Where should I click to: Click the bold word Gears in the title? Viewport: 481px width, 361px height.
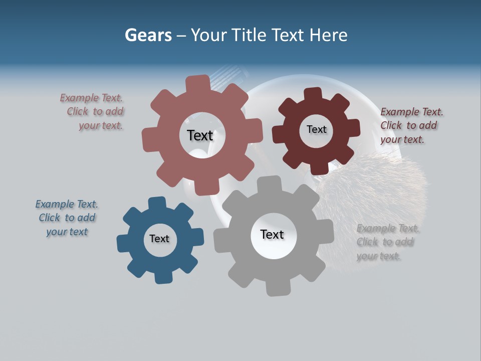pos(148,35)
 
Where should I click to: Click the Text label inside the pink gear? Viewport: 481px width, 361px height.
pos(200,135)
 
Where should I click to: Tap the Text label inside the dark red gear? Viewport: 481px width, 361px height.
pos(316,129)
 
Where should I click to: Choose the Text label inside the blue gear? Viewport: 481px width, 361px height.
pos(159,239)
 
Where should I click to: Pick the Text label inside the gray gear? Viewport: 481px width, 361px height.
pos(272,234)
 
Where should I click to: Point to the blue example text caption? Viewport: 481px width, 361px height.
pos(67,218)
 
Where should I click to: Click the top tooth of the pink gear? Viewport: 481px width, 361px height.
pos(198,83)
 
